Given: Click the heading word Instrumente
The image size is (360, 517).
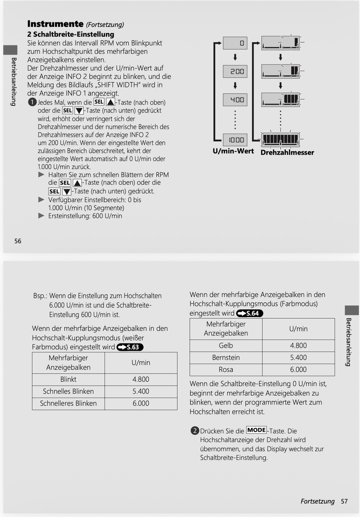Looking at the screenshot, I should coord(55,24).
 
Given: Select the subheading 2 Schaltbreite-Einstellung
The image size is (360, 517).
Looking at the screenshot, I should coord(71,34).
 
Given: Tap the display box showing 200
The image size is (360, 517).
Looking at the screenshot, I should coord(235,72).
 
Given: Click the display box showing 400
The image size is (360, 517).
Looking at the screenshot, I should coord(235,100).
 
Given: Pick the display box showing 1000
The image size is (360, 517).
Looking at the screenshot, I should coord(235,140).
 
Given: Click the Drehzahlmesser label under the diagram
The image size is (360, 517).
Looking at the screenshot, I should coord(287,153).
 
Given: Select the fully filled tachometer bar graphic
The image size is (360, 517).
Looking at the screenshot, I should coord(281,139).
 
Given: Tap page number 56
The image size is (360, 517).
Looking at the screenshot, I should coord(18,241).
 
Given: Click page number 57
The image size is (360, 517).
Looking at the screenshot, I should coord(344,501).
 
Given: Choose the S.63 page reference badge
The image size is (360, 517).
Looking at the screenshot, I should coord(130,347).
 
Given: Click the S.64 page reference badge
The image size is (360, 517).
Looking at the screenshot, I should coord(250,314).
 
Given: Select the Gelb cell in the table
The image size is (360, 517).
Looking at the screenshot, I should coord(225,346).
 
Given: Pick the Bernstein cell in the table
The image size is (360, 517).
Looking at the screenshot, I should coord(225,358).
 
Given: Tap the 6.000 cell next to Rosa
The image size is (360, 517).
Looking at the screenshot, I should coord(298,370).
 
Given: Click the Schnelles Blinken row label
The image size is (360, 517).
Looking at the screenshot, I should coord(68,392).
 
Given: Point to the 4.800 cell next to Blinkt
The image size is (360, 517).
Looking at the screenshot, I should coord(141,380).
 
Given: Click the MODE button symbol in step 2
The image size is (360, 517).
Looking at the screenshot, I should coord(257,430).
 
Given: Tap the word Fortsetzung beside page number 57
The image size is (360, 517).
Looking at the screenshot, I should coord(317,501).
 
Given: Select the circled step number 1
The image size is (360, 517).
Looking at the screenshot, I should coord(32,103).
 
